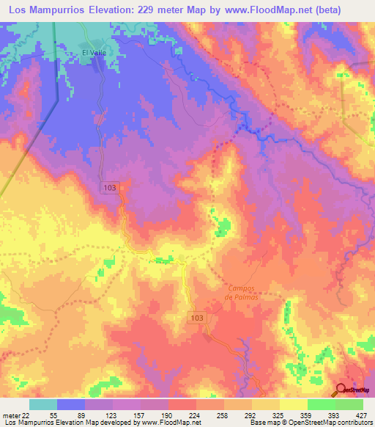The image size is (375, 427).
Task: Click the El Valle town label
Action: pos(94,53)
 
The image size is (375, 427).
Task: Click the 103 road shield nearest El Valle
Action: pos(109,189)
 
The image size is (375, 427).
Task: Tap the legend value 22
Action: pos(26,415)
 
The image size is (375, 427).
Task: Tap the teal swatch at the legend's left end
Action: pos(43,404)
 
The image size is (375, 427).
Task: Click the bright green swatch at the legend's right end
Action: pos(349,404)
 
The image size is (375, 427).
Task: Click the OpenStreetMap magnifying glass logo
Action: pos(341,389)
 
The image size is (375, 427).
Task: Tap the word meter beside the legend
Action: pos(10,415)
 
